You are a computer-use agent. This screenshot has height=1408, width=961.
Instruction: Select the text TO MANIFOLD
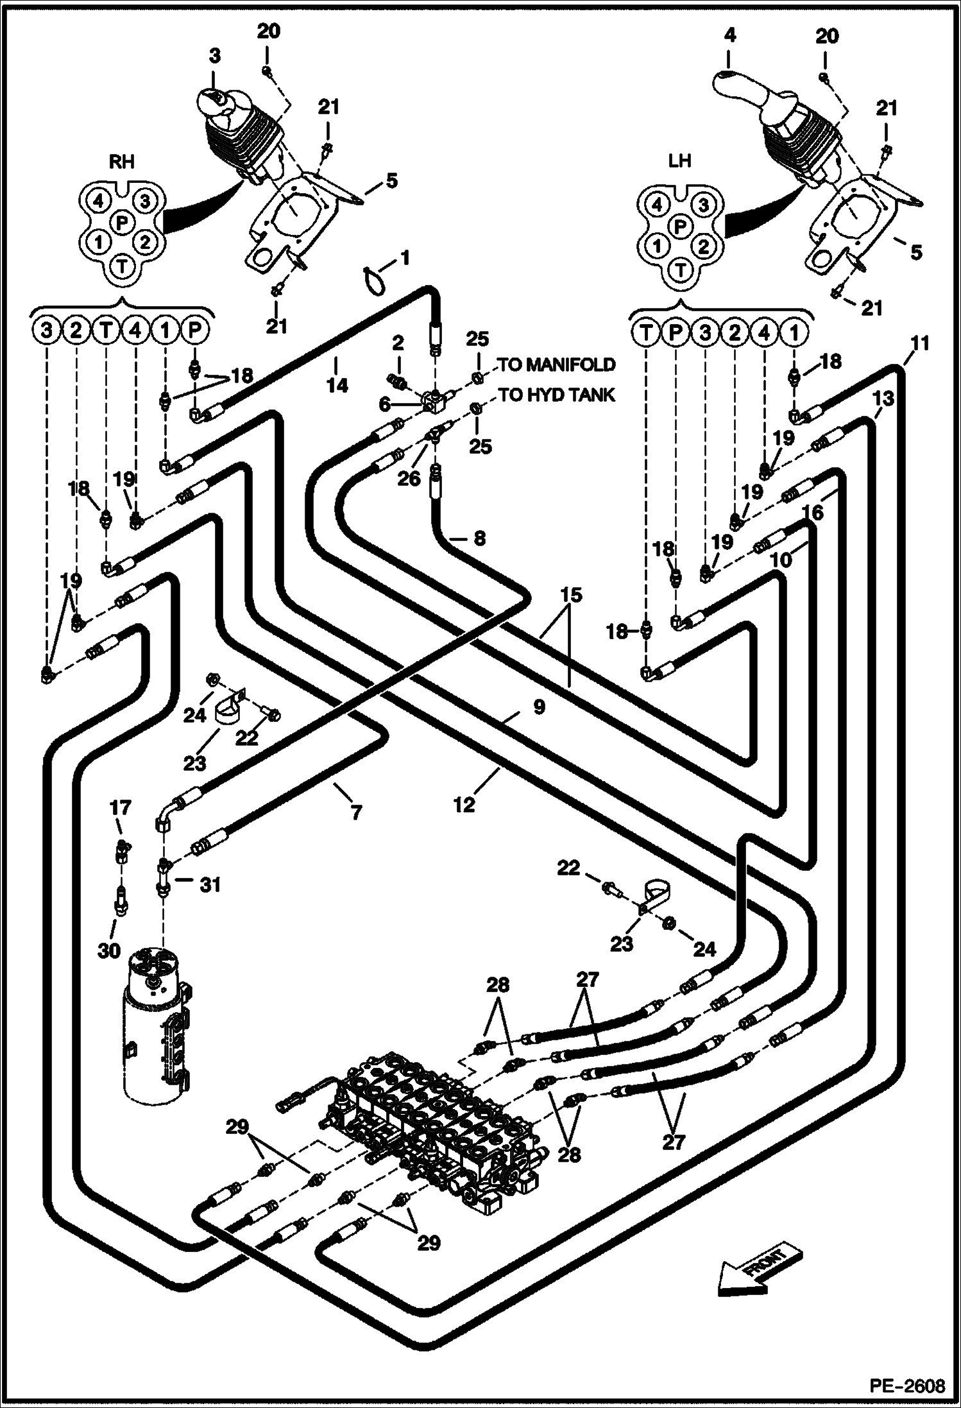pyautogui.click(x=557, y=365)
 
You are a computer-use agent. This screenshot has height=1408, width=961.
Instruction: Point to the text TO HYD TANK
pyautogui.click(x=557, y=395)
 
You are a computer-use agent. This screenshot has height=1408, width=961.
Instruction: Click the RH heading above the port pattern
pyautogui.click(x=122, y=162)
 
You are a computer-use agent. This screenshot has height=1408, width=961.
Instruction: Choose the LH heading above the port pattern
pyautogui.click(x=680, y=160)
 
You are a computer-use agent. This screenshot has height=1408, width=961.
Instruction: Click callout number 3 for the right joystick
pyautogui.click(x=214, y=56)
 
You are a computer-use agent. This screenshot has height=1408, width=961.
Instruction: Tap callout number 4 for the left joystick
pyautogui.click(x=730, y=36)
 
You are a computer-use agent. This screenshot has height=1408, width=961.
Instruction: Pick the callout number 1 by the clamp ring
pyautogui.click(x=404, y=259)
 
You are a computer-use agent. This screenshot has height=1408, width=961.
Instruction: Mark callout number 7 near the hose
pyautogui.click(x=356, y=812)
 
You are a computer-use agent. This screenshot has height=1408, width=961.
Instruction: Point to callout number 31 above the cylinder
pyautogui.click(x=210, y=885)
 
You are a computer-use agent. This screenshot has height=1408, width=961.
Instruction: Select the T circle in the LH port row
pyautogui.click(x=645, y=333)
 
